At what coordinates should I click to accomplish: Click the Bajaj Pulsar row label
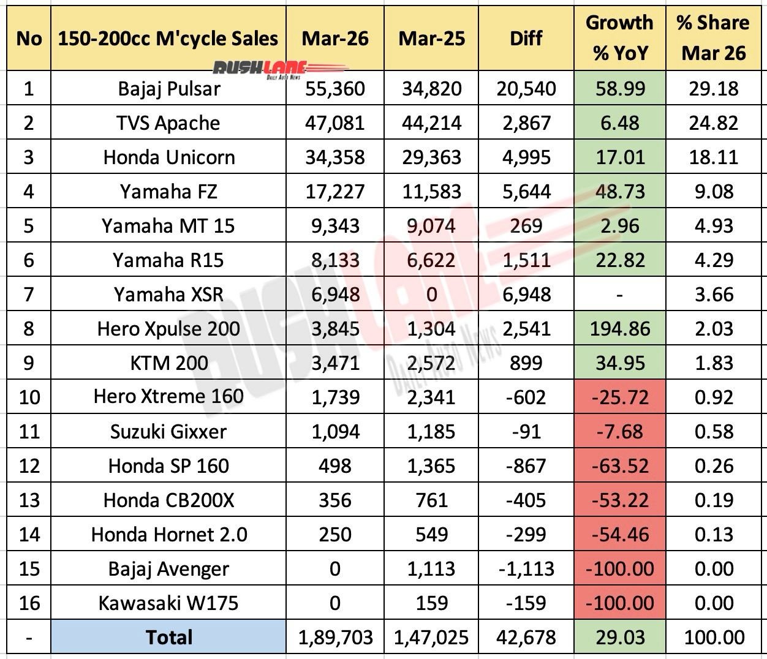pos(168,89)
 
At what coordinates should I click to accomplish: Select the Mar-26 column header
pos(335,39)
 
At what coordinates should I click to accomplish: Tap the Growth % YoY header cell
pos(619,38)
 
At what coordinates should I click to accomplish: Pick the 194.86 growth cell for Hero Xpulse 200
pos(620,329)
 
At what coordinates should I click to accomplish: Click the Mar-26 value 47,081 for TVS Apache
pos(335,123)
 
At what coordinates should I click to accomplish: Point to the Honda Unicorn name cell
pos(168,157)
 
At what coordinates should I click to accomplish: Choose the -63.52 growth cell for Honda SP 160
pos(620,466)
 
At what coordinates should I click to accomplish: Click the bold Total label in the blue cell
pos(168,638)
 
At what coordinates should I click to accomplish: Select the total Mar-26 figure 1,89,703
pos(335,638)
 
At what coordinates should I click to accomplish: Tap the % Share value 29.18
pos(714,89)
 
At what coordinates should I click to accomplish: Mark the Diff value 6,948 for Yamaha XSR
pos(526,295)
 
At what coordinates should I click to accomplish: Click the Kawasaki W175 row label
pos(168,603)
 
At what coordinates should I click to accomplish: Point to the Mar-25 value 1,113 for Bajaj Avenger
pos(432,569)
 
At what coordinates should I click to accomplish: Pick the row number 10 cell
pos(29,397)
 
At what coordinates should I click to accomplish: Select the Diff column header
pos(526,39)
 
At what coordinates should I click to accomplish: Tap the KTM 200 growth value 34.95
pos(620,363)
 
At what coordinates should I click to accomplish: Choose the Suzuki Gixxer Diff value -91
pos(526,432)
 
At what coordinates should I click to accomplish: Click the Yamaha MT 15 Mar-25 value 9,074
pos(432,226)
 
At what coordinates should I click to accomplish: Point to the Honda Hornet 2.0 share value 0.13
pos(714,535)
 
